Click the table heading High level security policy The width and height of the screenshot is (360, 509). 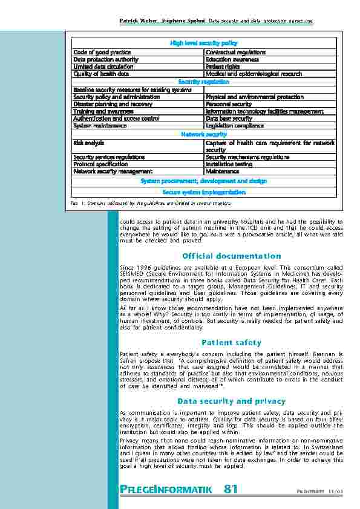[x=203, y=44]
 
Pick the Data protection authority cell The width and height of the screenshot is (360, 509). [x=105, y=60]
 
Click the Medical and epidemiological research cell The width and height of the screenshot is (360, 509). [x=253, y=74]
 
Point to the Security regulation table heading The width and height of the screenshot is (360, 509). [x=203, y=82]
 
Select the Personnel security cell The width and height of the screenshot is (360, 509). [x=229, y=104]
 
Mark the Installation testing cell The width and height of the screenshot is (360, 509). [x=229, y=164]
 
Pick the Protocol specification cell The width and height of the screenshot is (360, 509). [x=100, y=164]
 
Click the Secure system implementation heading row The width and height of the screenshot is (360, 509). [x=203, y=192]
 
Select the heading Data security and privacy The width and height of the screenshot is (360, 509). [x=232, y=401]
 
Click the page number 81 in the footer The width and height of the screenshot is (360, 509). [x=231, y=489]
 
